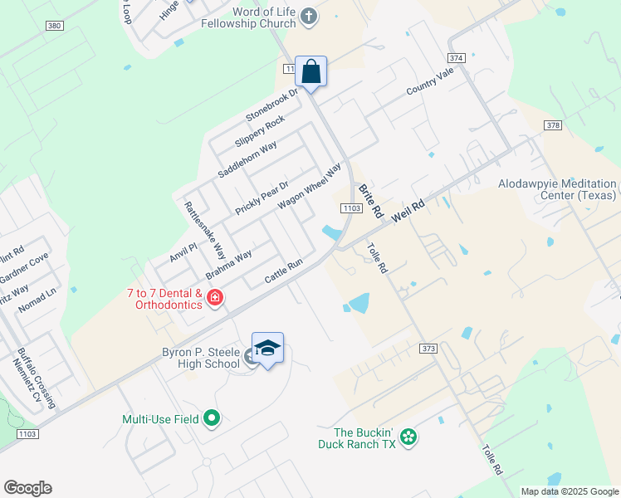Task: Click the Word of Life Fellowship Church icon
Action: [308, 16]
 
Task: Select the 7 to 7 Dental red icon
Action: [215, 298]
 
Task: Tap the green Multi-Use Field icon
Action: [212, 418]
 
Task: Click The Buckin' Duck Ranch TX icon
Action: [408, 437]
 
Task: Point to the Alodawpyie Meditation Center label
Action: [558, 189]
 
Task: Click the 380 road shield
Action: [55, 27]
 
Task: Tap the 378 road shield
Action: [554, 124]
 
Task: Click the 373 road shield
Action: [428, 349]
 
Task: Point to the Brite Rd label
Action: [371, 201]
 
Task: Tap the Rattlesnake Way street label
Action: [205, 231]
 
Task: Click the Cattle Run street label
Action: [283, 270]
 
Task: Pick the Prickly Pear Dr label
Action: [261, 198]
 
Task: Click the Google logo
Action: [27, 488]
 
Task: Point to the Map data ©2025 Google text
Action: [569, 491]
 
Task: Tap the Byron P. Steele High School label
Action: [200, 358]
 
